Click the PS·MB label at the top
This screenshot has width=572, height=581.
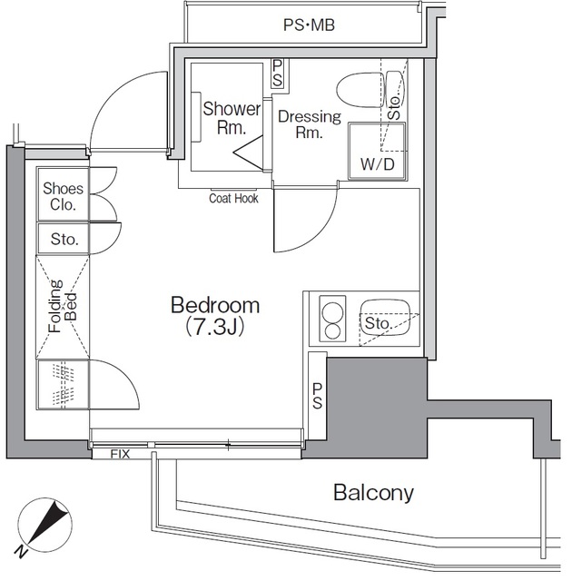(309, 25)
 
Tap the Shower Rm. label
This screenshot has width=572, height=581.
(232, 118)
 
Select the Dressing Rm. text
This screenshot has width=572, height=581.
(310, 124)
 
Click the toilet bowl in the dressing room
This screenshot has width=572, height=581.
(360, 90)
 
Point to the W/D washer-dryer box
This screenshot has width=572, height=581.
(377, 152)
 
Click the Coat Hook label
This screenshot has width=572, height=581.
(233, 198)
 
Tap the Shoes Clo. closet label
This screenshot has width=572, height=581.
(63, 196)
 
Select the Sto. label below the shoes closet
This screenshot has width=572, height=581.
(64, 239)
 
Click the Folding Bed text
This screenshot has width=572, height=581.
(63, 307)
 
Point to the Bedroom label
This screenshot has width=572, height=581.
(215, 305)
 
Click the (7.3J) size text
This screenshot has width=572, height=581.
(215, 327)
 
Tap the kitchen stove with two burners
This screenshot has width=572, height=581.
(332, 319)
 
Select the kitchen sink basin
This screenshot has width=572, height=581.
(386, 318)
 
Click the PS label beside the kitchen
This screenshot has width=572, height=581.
(317, 396)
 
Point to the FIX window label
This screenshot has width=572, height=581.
(121, 454)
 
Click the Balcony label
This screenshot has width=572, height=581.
(373, 493)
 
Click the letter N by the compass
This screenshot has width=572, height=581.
(22, 552)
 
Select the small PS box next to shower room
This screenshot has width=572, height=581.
(277, 74)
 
